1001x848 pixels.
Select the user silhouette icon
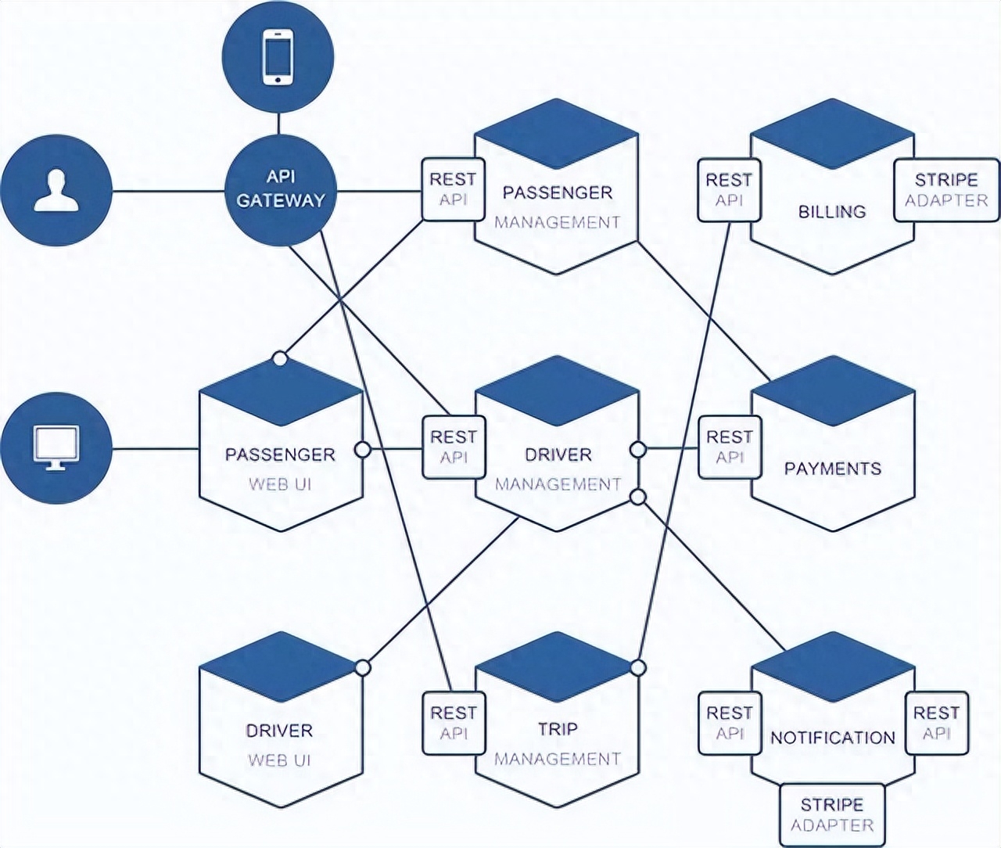coord(56,192)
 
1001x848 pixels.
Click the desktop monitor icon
coord(56,448)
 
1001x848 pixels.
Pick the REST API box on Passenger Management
coord(453,189)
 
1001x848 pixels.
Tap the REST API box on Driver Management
coord(453,447)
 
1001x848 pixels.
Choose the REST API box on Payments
coord(729,447)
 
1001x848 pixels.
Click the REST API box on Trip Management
coord(453,723)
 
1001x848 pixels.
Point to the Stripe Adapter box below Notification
coord(832,814)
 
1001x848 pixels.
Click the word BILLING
coord(832,211)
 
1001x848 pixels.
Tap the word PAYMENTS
coord(832,469)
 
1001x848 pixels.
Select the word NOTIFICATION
coord(832,738)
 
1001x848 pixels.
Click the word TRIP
coord(558,729)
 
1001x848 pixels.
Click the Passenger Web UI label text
coord(280,469)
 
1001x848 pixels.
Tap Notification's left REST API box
coord(729,723)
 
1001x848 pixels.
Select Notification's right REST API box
coord(936,723)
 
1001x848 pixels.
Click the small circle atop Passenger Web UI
coord(279,358)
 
